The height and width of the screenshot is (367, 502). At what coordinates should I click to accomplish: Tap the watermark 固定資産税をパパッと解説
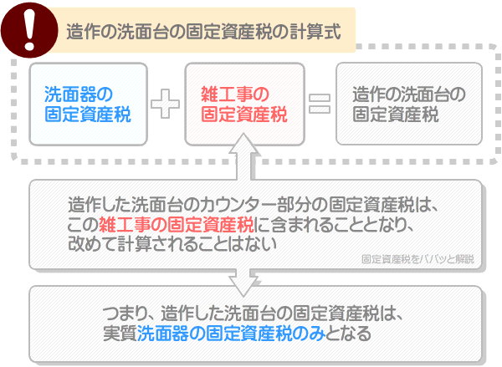tap(417, 259)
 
